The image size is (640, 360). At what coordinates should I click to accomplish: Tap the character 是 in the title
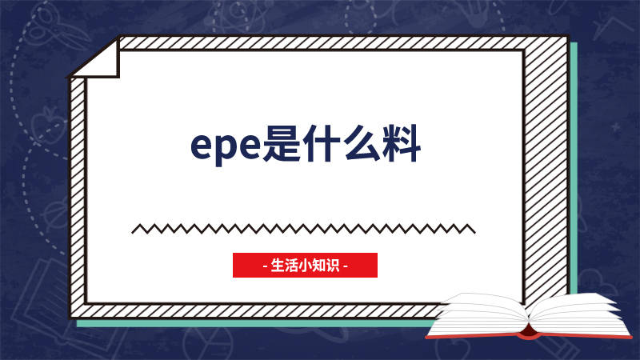tap(282, 143)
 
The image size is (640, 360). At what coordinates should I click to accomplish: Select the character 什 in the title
tap(322, 143)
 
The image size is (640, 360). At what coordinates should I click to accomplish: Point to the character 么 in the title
tap(361, 143)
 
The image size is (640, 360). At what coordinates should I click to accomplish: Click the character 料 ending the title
tap(401, 143)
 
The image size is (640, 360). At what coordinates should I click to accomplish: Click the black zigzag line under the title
tap(303, 229)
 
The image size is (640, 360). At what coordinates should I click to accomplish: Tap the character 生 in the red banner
tap(278, 266)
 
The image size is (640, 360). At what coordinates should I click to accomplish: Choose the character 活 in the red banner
tap(291, 266)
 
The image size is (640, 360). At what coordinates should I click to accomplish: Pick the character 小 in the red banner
tap(306, 266)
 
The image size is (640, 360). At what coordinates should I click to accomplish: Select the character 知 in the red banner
tap(319, 266)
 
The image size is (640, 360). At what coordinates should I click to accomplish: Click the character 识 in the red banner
tap(333, 266)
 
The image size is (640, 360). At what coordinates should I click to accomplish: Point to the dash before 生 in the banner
tap(266, 266)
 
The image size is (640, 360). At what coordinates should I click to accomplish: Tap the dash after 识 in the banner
tap(346, 266)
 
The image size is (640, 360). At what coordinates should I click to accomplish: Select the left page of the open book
tap(482, 314)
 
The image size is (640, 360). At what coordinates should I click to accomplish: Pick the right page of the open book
tap(579, 315)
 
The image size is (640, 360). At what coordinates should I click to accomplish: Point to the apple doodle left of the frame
tap(48, 125)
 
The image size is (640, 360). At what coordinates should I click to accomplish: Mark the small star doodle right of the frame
tap(615, 127)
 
